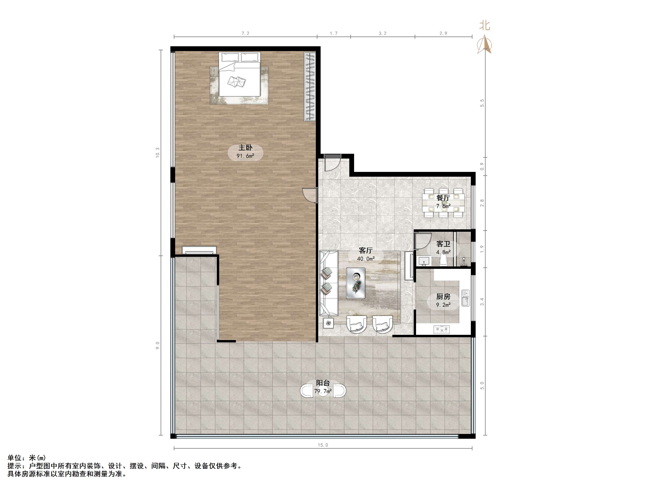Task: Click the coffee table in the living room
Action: [x=355, y=283]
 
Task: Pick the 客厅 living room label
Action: [x=366, y=250]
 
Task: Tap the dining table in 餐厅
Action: [x=443, y=203]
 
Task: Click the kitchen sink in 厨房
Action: [x=465, y=298]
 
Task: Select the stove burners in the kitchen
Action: [x=442, y=329]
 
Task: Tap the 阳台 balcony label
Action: [x=323, y=383]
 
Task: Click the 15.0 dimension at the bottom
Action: [x=323, y=445]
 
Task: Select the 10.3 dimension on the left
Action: [x=158, y=153]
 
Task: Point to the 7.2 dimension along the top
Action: [x=245, y=33]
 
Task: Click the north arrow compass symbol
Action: [x=485, y=44]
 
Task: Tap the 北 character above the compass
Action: [x=485, y=26]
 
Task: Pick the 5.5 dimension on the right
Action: [x=482, y=103]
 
